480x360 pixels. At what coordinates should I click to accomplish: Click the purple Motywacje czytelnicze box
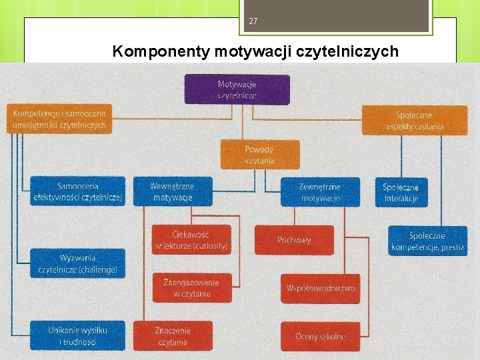pos(237,89)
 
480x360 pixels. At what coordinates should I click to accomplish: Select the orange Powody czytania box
pos(259,155)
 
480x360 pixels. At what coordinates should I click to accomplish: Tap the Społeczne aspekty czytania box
pos(414,120)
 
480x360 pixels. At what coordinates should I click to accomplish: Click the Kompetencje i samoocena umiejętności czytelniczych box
pos(59,119)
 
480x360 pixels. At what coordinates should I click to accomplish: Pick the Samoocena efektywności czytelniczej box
pos(78,191)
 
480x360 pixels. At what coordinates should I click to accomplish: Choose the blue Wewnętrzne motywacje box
pos(172,191)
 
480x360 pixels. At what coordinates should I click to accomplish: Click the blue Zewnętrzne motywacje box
pos(320,192)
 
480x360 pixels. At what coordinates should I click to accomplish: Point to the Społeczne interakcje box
pos(401,192)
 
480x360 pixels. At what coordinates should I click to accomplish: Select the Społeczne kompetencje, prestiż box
pos(427,241)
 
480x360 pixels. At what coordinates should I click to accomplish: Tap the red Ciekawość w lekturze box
pos(191,240)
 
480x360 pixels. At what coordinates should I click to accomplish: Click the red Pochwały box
pos(294,240)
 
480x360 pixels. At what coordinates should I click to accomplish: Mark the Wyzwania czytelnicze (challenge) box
pos(77,263)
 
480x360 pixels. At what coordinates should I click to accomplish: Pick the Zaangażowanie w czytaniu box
pos(191,288)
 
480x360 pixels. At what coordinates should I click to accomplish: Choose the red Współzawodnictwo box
pos(320,289)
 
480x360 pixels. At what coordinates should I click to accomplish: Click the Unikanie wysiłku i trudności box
pos(77,335)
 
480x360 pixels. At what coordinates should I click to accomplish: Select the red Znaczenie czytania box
pos(173,336)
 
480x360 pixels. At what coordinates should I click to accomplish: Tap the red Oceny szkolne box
pos(320,337)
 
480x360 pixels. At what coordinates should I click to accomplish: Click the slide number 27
pos(253,21)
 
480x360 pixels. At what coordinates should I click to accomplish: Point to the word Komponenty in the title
pos(162,51)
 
